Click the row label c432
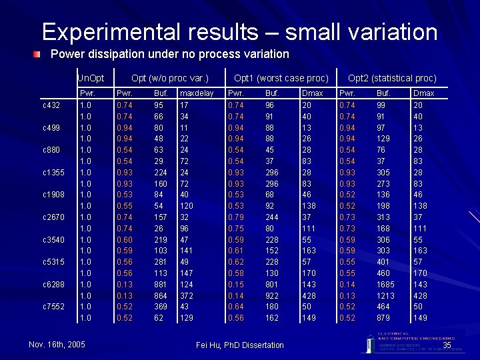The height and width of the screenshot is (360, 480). tap(51, 105)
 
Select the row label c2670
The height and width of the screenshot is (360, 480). tap(53, 217)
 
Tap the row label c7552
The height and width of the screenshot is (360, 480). tap(53, 307)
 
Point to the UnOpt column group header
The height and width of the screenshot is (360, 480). tap(91, 78)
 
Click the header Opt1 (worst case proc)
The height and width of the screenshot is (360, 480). tap(281, 78)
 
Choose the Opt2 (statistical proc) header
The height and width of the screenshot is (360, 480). tap(392, 78)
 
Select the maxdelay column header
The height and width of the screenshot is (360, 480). tap(197, 93)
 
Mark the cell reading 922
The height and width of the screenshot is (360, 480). tap(272, 295)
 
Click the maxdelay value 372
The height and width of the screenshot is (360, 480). tap(187, 295)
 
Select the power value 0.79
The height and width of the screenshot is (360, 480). tap(236, 217)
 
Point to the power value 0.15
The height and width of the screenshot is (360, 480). tap(236, 284)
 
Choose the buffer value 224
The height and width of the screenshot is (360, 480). tap(161, 172)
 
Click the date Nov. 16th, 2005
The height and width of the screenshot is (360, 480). tap(57, 345)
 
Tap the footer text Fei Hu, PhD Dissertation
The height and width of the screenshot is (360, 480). tap(240, 345)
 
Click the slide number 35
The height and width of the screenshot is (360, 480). tap(447, 345)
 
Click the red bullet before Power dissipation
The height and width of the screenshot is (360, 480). tap(39, 54)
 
